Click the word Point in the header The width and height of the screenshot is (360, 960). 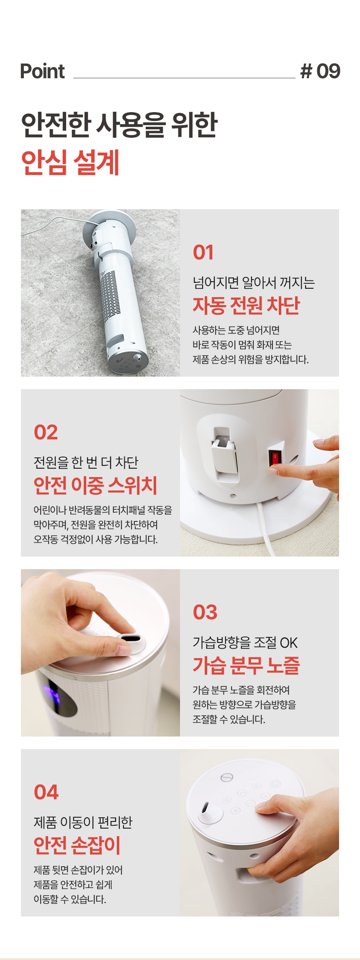pos(42,71)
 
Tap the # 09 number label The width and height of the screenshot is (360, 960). pos(320,71)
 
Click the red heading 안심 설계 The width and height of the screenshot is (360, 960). pos(70,162)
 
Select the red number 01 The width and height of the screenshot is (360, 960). pos(203,252)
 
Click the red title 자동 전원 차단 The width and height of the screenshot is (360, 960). pos(246,305)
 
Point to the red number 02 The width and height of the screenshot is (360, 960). pos(46,432)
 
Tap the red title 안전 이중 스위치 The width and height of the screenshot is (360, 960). pos(95,485)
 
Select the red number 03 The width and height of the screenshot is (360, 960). pos(205,612)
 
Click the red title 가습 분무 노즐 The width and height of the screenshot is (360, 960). pos(246,665)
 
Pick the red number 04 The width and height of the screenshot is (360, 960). pos(46,792)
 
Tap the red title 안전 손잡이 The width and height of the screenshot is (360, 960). pos(77,845)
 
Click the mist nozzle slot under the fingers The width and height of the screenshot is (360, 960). pos(127,638)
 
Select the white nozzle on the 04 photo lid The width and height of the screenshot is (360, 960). pos(210,811)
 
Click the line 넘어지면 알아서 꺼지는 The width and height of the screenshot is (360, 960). pos(254,283)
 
